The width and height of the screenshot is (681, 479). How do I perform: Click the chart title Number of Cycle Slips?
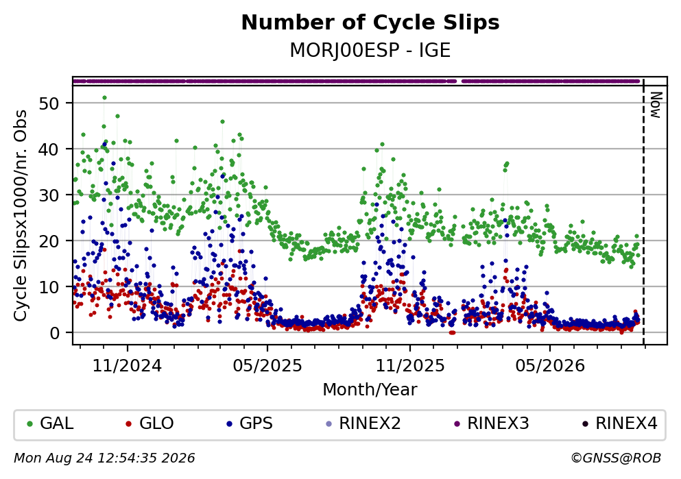click(x=370, y=23)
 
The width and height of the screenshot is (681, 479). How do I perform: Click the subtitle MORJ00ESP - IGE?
click(x=370, y=51)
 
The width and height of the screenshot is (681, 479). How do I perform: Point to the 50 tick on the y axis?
click(x=49, y=103)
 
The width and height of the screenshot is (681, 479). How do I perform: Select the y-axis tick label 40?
click(x=49, y=149)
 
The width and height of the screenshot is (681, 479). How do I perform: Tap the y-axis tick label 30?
click(x=49, y=195)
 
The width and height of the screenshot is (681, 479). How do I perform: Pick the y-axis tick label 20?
click(x=49, y=241)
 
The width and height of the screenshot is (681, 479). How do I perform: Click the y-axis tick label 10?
click(x=49, y=287)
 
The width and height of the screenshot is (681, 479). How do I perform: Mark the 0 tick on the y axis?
click(x=54, y=333)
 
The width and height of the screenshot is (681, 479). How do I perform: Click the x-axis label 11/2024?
click(x=128, y=366)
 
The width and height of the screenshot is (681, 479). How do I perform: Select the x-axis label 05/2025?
click(x=267, y=366)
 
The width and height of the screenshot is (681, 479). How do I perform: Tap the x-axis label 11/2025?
click(x=410, y=366)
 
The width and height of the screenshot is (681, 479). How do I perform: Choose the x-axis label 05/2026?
click(x=550, y=366)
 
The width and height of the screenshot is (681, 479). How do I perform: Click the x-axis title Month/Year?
click(x=370, y=390)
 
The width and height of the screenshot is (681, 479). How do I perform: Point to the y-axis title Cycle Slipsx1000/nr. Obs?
click(x=21, y=215)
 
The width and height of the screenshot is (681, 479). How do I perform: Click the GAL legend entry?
click(x=50, y=423)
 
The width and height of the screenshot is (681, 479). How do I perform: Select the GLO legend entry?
click(x=150, y=423)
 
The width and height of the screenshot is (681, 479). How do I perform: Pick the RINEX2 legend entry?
click(x=363, y=423)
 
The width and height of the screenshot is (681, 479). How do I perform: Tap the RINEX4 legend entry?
click(x=620, y=423)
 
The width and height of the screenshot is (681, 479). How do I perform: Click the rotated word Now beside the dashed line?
click(x=656, y=105)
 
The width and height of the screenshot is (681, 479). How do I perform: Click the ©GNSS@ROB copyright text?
click(x=616, y=458)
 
